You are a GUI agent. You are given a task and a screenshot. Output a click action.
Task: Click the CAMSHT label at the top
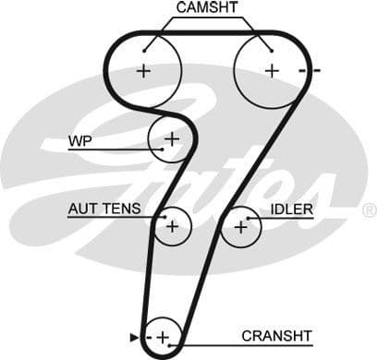point(207,8)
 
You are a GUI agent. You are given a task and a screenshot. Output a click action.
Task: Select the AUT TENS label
point(104,209)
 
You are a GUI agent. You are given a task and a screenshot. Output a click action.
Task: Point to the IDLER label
point(292,210)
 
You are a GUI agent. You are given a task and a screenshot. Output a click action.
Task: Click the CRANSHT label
point(277,335)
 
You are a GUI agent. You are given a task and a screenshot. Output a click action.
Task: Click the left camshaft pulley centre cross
point(143,70)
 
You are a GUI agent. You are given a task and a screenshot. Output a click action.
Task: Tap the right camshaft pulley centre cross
point(272,70)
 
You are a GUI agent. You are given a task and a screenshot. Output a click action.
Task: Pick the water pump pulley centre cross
point(171,139)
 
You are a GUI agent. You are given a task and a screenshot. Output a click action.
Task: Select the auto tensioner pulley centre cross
point(172,225)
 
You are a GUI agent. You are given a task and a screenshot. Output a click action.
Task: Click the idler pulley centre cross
point(241,225)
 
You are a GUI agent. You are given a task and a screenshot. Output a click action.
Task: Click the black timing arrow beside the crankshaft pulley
point(134,337)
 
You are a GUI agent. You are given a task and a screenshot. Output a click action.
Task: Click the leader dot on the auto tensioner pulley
point(163,218)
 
